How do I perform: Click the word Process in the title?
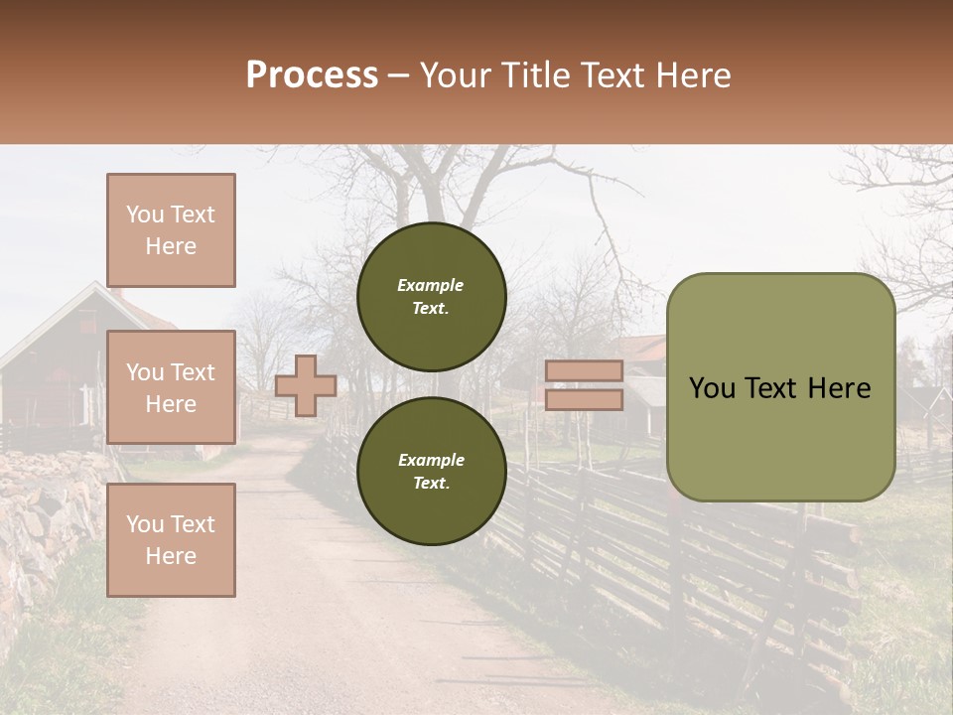click(312, 75)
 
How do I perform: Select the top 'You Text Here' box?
click(171, 230)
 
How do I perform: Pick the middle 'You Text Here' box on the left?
click(171, 387)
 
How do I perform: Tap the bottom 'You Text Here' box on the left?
click(171, 539)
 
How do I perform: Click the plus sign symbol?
click(305, 385)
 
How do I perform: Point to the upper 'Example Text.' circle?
click(431, 297)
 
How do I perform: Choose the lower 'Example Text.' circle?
click(431, 471)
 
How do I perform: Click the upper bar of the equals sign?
click(584, 371)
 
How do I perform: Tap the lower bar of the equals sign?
click(584, 399)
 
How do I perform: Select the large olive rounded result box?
click(780, 437)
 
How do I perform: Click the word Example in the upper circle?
click(430, 286)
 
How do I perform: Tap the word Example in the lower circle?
click(431, 460)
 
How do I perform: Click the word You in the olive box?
click(712, 388)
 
